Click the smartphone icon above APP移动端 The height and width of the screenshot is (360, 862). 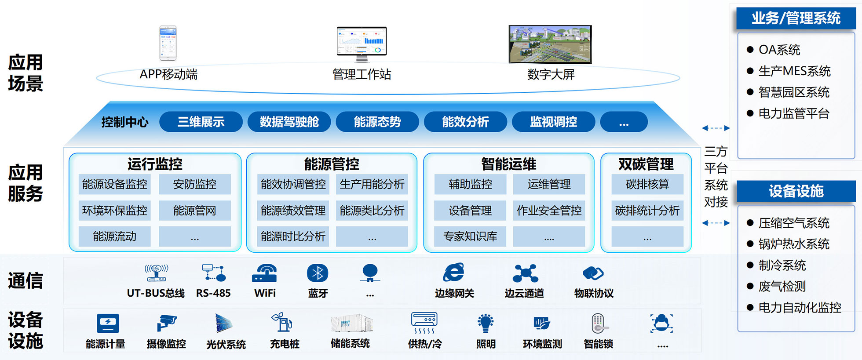[x=168, y=43]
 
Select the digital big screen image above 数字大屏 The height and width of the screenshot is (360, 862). [x=550, y=44]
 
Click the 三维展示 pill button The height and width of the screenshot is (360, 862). [x=201, y=122]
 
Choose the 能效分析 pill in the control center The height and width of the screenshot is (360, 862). [x=465, y=122]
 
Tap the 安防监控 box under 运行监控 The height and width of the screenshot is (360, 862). [x=194, y=184]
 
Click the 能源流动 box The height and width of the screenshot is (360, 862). [x=114, y=236]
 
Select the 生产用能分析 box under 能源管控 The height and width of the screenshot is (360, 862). [x=372, y=184]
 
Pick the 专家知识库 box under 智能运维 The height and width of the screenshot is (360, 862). [x=470, y=236]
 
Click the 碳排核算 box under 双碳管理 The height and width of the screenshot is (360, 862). [x=647, y=184]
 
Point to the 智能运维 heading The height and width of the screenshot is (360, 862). [x=508, y=164]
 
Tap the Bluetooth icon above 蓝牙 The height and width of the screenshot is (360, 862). [x=318, y=273]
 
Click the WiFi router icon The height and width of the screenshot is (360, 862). [x=264, y=273]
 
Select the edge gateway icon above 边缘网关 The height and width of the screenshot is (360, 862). [x=453, y=273]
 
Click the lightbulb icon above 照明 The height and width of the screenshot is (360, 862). [x=486, y=323]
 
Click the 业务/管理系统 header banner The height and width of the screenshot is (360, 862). [x=796, y=18]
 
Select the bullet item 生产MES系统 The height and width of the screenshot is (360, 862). [x=794, y=71]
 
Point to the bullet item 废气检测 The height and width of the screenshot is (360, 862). [x=782, y=287]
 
